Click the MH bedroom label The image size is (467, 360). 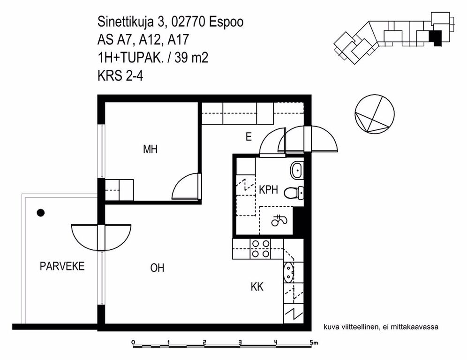pyautogui.click(x=150, y=149)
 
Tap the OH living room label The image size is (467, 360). pyautogui.click(x=157, y=268)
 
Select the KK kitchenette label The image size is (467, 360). pyautogui.click(x=257, y=287)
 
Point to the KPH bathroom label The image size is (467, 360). pyautogui.click(x=268, y=189)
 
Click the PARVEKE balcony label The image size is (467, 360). pyautogui.click(x=62, y=266)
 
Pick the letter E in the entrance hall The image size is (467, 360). pyautogui.click(x=249, y=137)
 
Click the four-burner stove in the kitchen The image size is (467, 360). pyautogui.click(x=261, y=249)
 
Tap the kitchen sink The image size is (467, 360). pyautogui.click(x=289, y=272)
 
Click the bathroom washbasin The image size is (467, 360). pyautogui.click(x=297, y=170)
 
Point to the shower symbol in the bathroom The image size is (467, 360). pyautogui.click(x=279, y=221)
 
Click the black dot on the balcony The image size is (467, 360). pyautogui.click(x=40, y=213)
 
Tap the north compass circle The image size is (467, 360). pyautogui.click(x=374, y=113)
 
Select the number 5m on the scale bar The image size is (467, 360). pyautogui.click(x=314, y=343)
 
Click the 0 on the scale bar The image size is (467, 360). pyautogui.click(x=133, y=342)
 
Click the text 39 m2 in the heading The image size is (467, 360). pyautogui.click(x=191, y=58)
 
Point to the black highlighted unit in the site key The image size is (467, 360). pyautogui.click(x=435, y=38)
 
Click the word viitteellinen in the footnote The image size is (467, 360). pyautogui.click(x=361, y=327)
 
